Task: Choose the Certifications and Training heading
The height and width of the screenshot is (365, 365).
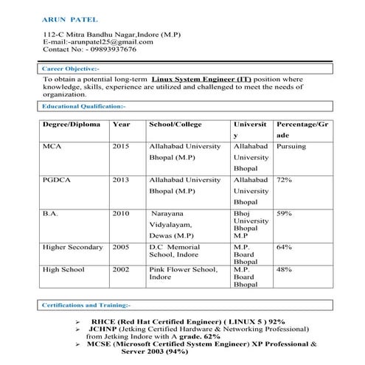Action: point(86,305)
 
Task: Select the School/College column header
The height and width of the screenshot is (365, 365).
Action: point(176,125)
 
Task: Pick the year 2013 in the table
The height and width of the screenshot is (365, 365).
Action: point(121,180)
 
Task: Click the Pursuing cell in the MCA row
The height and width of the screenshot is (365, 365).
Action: point(291,147)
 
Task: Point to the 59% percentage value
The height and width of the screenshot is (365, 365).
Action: point(284,213)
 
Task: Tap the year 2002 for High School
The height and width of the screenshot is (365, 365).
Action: point(121,270)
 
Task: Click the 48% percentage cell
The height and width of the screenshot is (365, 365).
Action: point(284,270)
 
